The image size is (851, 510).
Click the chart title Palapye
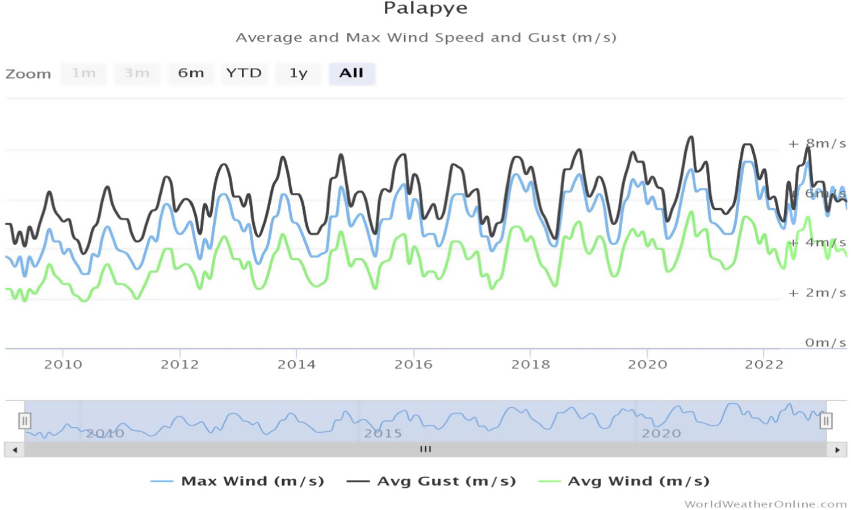click(425, 9)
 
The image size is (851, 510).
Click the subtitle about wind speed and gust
click(426, 38)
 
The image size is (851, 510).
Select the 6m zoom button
click(191, 73)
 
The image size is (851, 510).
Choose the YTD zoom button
click(244, 73)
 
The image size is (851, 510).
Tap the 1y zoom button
click(298, 73)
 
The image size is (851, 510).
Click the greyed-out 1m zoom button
click(83, 73)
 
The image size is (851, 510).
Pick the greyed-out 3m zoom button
click(137, 73)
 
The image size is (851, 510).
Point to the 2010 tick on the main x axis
click(63, 364)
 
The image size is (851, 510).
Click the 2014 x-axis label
click(296, 364)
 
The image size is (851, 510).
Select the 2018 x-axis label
click(530, 364)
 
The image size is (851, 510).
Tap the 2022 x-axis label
click(764, 364)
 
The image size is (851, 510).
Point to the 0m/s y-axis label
click(825, 343)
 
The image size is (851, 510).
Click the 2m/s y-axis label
click(825, 293)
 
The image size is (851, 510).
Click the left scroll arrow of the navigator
click(15, 450)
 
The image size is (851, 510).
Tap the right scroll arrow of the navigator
click(837, 450)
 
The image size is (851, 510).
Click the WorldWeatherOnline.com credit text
click(765, 504)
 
